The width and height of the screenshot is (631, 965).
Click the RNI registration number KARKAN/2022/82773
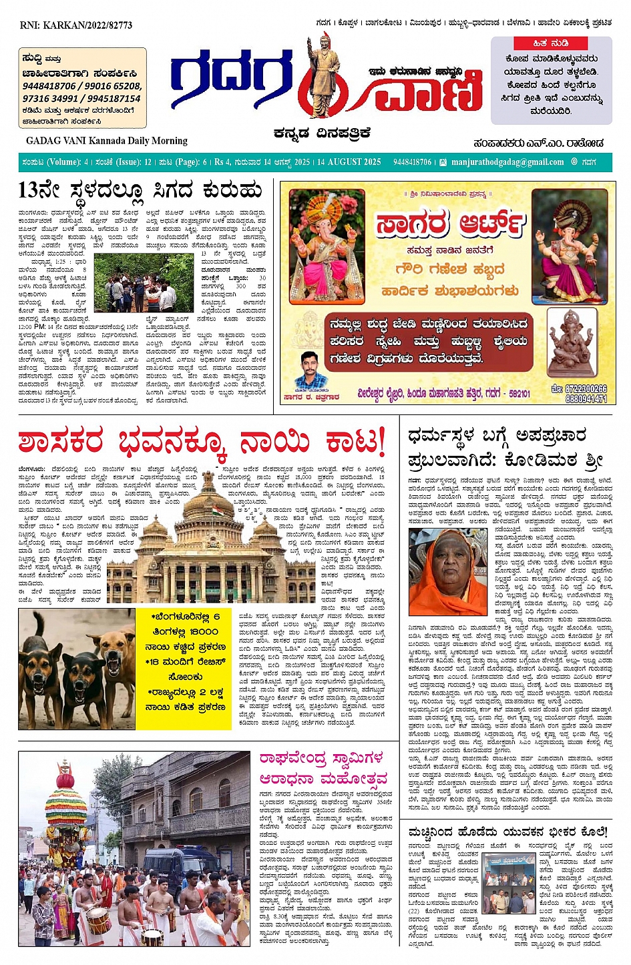(76, 25)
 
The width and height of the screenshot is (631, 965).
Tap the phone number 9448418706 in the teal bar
(412, 162)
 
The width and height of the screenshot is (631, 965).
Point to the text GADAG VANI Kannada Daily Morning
(107, 141)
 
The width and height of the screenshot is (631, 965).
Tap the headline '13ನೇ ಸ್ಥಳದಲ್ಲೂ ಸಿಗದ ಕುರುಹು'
(140, 191)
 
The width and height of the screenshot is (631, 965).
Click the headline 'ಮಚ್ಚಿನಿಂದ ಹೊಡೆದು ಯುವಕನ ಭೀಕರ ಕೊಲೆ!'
(507, 832)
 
